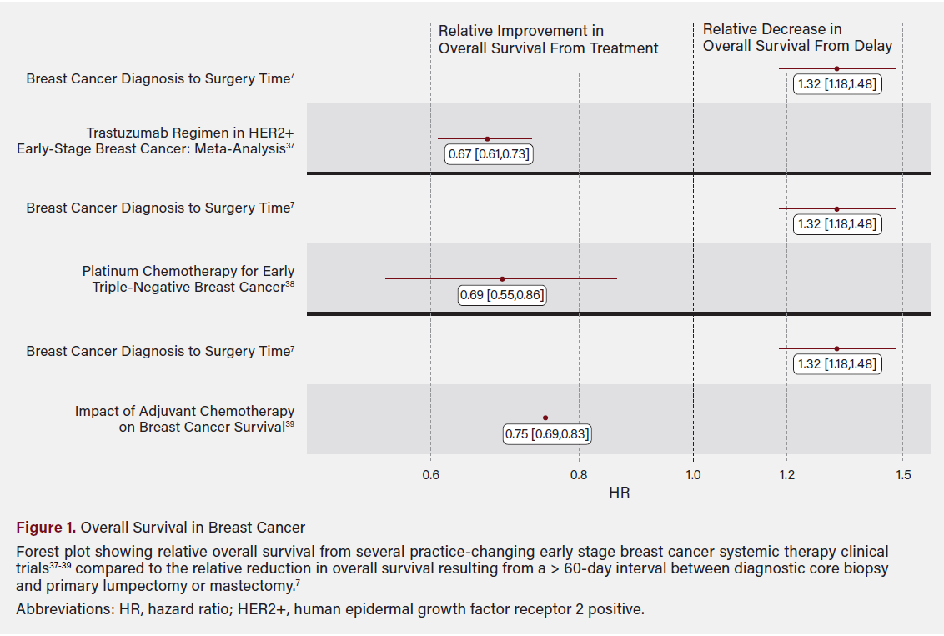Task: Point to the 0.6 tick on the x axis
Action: (x=430, y=474)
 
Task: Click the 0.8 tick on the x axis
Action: (x=579, y=474)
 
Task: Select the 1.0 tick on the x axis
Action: (x=693, y=474)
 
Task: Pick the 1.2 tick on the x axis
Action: (x=786, y=474)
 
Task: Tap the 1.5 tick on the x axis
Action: (x=903, y=474)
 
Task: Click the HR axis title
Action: (x=619, y=493)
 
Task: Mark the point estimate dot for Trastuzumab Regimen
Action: (x=487, y=139)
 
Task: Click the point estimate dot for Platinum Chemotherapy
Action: (x=501, y=279)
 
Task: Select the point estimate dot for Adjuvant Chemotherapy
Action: (x=545, y=418)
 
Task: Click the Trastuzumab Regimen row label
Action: (x=156, y=142)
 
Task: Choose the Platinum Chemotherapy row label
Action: (x=188, y=279)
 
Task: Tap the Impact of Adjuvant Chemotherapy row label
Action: (x=184, y=418)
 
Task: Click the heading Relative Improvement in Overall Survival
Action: (x=548, y=40)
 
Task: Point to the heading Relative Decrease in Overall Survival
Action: (x=796, y=38)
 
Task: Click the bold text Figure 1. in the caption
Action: (x=46, y=528)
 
